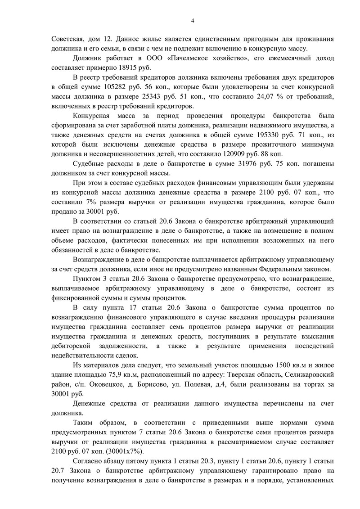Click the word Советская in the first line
point(68,39)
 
